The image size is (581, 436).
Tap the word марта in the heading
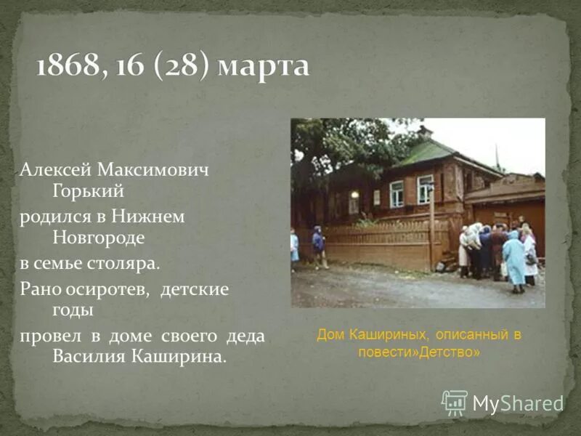pyautogui.click(x=264, y=68)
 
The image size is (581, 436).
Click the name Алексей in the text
pyautogui.click(x=52, y=169)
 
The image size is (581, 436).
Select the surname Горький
pyautogui.click(x=89, y=191)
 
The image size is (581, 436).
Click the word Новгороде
pyautogui.click(x=99, y=238)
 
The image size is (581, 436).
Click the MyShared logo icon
pyautogui.click(x=455, y=403)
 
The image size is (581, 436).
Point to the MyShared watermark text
pyautogui.click(x=518, y=404)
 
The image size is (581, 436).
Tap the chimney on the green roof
pyautogui.click(x=425, y=133)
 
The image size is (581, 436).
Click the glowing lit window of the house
pyautogui.click(x=354, y=195)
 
